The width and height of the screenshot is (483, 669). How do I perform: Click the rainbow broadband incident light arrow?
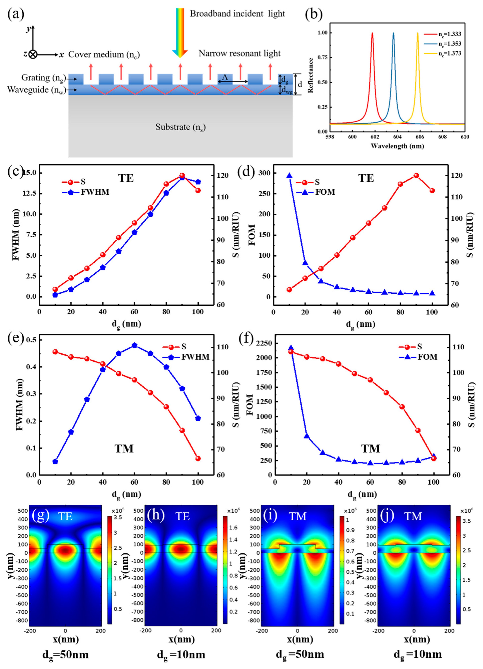[x=180, y=33]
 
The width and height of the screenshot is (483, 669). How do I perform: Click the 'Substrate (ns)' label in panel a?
[x=180, y=127]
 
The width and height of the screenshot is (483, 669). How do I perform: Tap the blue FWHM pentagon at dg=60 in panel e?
[x=134, y=345]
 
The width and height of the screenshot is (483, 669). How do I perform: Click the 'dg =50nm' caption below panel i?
[x=300, y=654]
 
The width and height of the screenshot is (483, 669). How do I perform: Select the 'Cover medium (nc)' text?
[x=104, y=55]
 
